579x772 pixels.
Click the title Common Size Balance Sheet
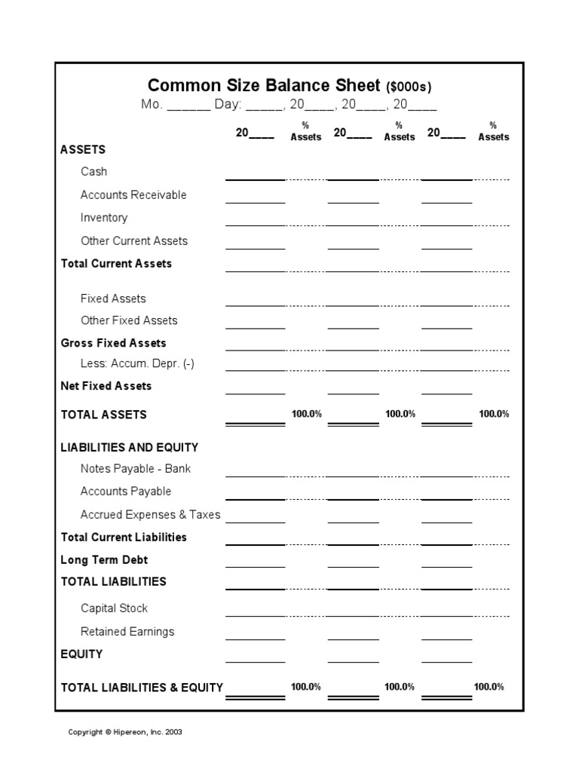pos(265,85)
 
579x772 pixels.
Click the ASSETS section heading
pos(83,149)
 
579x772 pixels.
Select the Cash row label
pos(93,172)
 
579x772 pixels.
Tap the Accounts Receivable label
pos(133,195)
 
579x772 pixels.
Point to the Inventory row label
pos(104,218)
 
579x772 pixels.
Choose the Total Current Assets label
pos(116,263)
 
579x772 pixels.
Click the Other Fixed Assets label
pos(129,320)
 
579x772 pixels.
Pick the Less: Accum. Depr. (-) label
pos(137,363)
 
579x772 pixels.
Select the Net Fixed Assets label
pos(106,386)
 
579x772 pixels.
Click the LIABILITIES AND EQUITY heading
pos(130,447)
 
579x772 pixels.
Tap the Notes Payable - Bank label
pos(136,469)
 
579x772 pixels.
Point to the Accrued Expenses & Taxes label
pos(151,515)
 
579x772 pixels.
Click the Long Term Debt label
pos(104,560)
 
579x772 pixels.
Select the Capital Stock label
pos(114,608)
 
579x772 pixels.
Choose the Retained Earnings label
pos(127,632)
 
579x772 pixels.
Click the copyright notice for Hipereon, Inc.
pos(125,732)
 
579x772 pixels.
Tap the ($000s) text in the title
pos(409,87)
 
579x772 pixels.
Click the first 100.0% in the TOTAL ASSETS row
pos(306,414)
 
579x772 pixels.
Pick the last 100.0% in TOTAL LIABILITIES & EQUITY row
pos(489,687)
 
